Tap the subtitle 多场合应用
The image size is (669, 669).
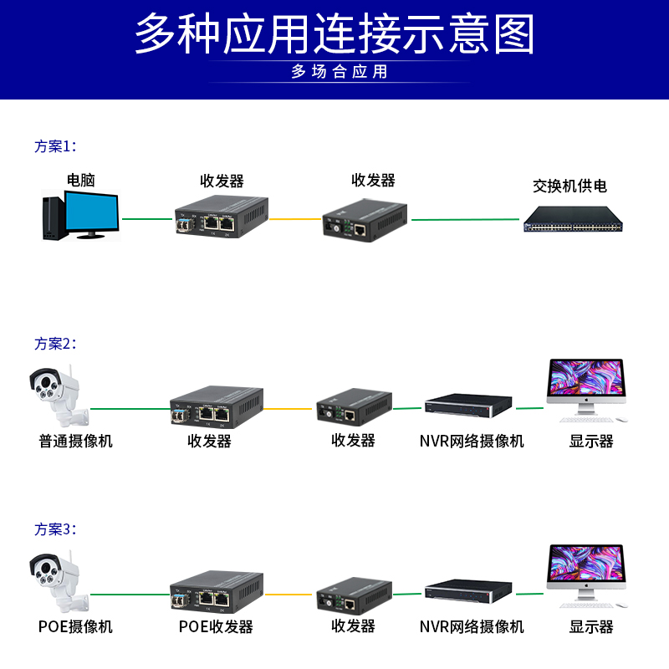340,72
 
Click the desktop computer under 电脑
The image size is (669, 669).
80,215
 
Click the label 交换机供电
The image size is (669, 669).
569,186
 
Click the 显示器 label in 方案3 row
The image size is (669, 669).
591,626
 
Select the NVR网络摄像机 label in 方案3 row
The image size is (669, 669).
472,626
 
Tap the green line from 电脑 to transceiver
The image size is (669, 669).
146,220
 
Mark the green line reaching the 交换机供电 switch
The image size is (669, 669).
465,220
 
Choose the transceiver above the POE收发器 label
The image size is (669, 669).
217,591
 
